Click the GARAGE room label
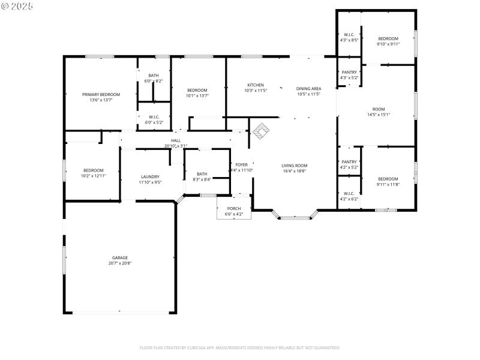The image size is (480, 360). tap(119, 257)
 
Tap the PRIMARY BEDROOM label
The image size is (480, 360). tap(101, 94)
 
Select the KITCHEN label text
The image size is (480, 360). tap(256, 85)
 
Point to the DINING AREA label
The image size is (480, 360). tap(308, 89)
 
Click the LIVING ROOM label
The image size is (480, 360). tap(295, 165)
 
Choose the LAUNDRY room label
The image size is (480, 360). tap(149, 176)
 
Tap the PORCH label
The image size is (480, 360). tap(233, 209)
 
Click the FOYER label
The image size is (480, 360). tap(241, 164)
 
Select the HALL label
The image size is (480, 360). tap(176, 140)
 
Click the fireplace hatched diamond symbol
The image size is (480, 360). tap(260, 130)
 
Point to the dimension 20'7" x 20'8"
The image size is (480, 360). tap(119, 263)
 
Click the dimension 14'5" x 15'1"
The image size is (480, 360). tap(378, 115)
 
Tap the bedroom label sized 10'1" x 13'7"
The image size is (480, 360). tap(197, 90)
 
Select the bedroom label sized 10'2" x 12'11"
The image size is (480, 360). tap(93, 170)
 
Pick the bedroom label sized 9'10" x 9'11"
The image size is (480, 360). tap(388, 38)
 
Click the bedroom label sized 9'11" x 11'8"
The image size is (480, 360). tap(388, 179)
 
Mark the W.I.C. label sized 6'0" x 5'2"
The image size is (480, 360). tap(154, 117)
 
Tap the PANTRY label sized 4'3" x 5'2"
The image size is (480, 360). tap(349, 73)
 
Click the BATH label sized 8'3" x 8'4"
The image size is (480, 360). tap(202, 174)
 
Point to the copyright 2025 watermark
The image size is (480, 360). tap(17, 6)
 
